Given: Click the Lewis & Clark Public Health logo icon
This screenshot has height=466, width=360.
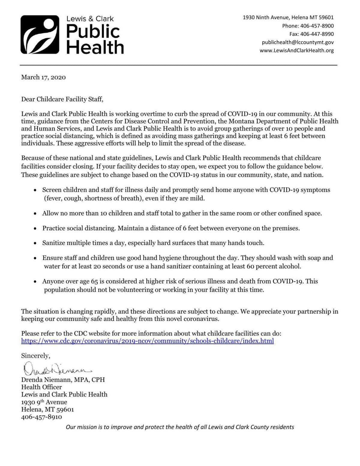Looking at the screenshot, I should pyautogui.click(x=40, y=34).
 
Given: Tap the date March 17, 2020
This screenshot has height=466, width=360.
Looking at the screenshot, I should pyautogui.click(x=43, y=77).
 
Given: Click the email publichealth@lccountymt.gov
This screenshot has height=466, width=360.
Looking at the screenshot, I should pyautogui.click(x=298, y=42).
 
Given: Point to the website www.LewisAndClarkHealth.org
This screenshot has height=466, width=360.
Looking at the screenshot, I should pyautogui.click(x=296, y=50).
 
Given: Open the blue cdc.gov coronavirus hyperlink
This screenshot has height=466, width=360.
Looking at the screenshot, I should pyautogui.click(x=147, y=341).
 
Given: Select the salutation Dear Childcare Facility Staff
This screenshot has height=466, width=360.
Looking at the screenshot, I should pyautogui.click(x=62, y=99).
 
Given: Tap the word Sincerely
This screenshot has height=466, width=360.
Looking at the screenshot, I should pyautogui.click(x=35, y=356).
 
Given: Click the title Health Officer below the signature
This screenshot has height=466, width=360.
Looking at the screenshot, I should pyautogui.click(x=41, y=387).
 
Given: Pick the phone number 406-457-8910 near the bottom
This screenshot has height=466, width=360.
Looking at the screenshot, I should pyautogui.click(x=41, y=417).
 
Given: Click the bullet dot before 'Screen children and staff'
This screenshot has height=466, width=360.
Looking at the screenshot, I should pyautogui.click(x=35, y=190).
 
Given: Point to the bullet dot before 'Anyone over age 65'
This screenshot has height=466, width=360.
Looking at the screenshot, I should pyautogui.click(x=35, y=282).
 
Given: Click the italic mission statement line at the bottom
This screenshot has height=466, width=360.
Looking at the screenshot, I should pyautogui.click(x=180, y=427).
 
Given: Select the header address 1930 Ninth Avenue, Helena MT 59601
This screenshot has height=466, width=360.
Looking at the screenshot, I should pyautogui.click(x=288, y=18).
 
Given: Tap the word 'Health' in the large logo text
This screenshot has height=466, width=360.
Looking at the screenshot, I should pyautogui.click(x=95, y=47).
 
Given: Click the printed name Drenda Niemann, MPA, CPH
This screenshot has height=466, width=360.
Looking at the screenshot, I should pyautogui.click(x=63, y=380).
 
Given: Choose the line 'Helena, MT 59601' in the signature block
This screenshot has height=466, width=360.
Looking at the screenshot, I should pyautogui.click(x=47, y=409).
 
